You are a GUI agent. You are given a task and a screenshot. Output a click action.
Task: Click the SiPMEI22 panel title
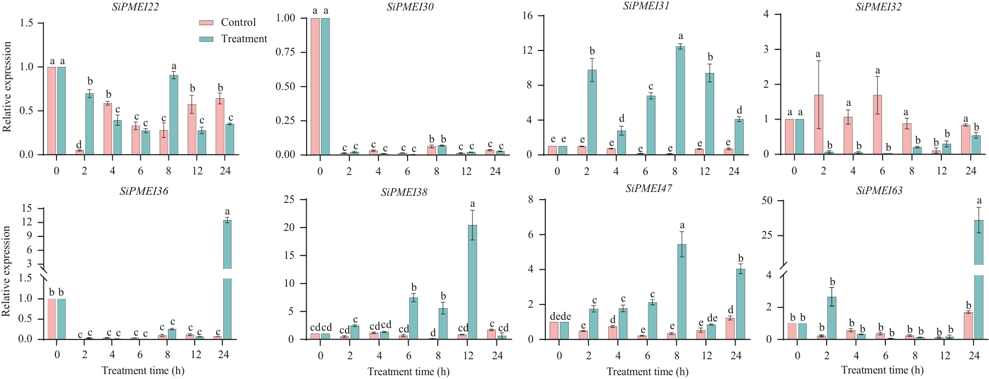pos(135,7)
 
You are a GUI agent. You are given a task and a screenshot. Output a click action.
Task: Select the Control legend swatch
pos(206,22)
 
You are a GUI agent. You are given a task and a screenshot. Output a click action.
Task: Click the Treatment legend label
pos(244,39)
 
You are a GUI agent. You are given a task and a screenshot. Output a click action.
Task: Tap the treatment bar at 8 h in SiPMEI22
pos(173,115)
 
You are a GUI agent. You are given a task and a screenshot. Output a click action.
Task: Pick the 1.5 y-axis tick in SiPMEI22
pos(26,23)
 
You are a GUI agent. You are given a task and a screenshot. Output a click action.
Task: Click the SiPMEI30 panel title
pos(410,7)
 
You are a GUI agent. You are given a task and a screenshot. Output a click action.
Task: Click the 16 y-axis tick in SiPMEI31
pos(527,16)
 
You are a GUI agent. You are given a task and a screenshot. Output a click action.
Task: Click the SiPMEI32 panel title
pos(878,7)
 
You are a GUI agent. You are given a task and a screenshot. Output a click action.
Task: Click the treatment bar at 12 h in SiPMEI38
pos(472,282)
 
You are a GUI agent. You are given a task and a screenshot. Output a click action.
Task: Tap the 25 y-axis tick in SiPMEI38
pos(289,200)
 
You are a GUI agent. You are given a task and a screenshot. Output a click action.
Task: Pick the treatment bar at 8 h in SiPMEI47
pos(682,292)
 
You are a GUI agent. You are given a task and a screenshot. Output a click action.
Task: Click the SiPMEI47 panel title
pos(649,189)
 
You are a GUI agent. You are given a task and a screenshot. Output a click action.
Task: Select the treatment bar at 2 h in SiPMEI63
pos(832,318)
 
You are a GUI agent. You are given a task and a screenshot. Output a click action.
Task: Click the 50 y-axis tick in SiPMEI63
pos(767,201)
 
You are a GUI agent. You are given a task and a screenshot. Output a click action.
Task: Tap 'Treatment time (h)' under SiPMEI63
pos(882,370)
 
